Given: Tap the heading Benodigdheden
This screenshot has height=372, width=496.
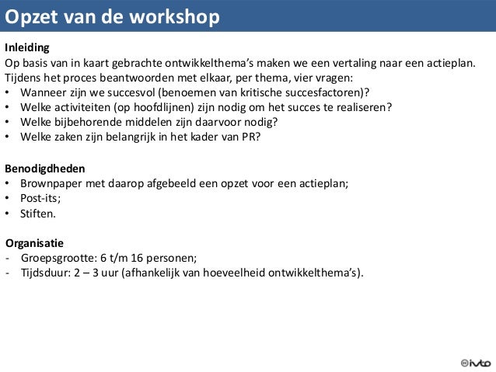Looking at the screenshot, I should (45, 168).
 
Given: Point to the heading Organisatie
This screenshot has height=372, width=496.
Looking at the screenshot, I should (34, 242).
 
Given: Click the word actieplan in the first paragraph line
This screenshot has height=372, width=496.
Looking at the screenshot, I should (445, 62).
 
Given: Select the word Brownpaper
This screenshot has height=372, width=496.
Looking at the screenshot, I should (54, 183).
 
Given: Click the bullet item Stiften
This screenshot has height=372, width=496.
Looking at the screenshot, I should (38, 213).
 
